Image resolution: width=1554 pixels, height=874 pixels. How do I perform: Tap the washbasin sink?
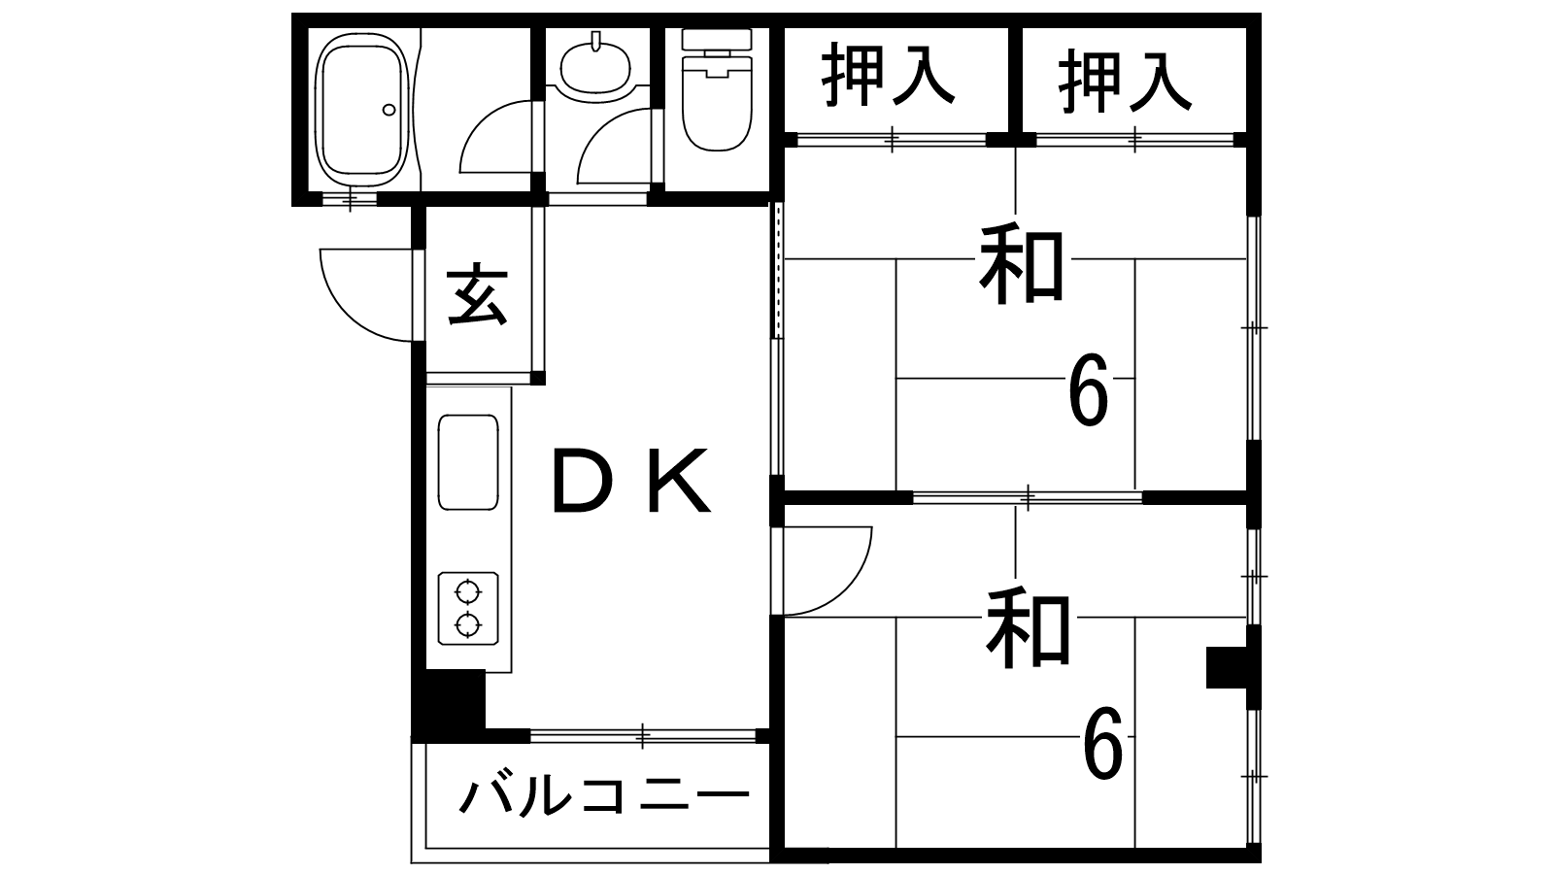pos(594,64)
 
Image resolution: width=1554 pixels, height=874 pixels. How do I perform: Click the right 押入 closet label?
pos(1125,80)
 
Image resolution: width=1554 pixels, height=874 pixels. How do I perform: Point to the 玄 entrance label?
pos(477,295)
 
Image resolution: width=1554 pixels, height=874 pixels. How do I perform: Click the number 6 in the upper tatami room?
pos(1088,390)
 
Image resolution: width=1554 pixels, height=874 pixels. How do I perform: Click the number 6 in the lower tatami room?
pos(1102,745)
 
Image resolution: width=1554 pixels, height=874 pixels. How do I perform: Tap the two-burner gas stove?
pos(468,608)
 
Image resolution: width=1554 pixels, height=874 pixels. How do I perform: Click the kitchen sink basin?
pos(468,462)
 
